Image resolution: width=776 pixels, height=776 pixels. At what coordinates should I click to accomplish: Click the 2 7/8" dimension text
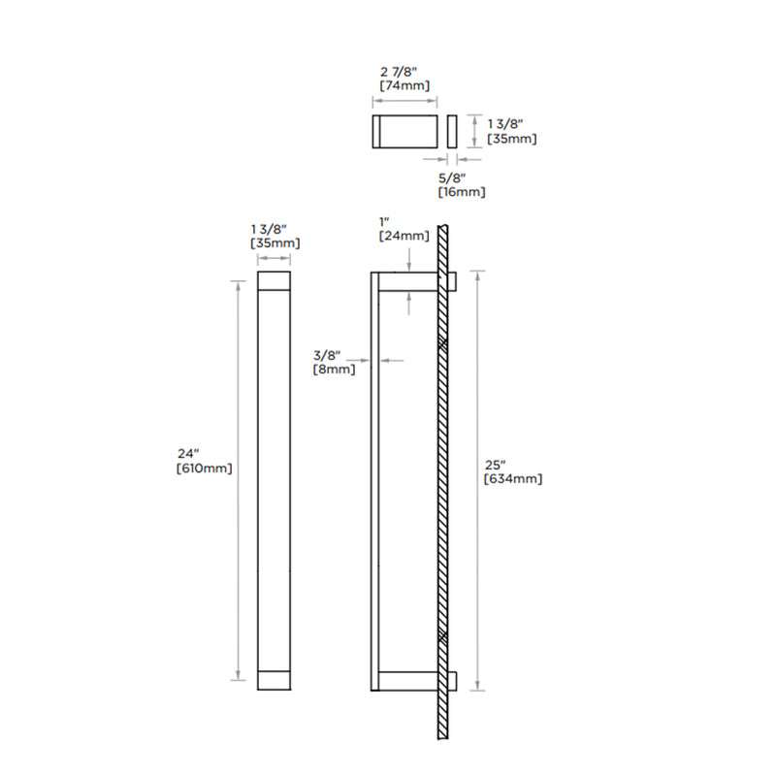coord(404,71)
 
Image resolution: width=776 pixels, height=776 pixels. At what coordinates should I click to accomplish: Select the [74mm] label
coord(404,85)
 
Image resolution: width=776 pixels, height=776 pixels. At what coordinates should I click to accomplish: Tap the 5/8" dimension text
coord(452,178)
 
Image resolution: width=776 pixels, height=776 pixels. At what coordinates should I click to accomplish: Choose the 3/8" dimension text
coord(328,354)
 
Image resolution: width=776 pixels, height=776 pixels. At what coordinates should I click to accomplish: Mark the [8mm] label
coord(333,369)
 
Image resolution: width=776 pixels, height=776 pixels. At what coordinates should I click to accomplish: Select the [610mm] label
coord(204,468)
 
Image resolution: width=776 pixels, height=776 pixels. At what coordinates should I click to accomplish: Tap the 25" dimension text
coord(496,463)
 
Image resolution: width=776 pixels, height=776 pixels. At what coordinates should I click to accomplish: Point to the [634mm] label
coord(513,478)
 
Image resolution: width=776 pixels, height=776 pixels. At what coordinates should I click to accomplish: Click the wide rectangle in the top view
coord(405,131)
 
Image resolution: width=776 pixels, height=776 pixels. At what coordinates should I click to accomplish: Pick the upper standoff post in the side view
coord(407,281)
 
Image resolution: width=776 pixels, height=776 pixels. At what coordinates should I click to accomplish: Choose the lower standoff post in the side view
coord(407,681)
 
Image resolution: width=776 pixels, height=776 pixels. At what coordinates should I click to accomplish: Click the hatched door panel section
coord(441,485)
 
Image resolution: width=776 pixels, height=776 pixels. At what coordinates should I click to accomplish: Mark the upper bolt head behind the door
coord(452,281)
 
